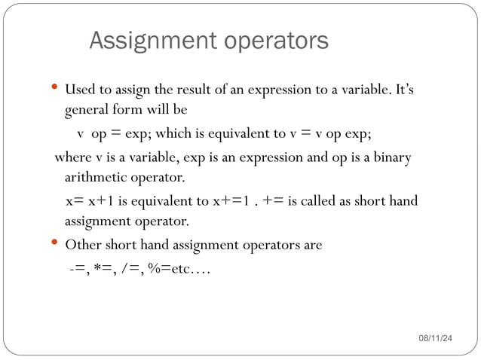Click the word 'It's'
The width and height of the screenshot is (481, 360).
pos(404,91)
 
